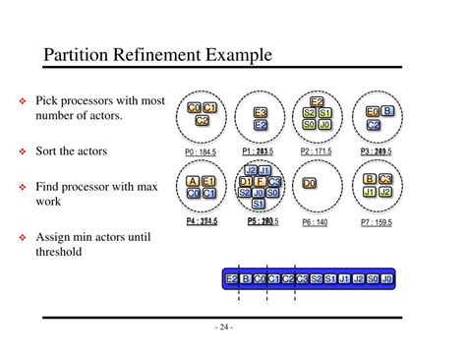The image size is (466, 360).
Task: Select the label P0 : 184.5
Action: point(200,151)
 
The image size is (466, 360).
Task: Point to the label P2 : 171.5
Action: point(316,151)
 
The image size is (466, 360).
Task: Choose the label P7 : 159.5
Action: point(376,222)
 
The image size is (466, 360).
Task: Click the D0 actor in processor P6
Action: point(310,183)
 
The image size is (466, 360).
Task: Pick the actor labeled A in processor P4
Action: point(193,181)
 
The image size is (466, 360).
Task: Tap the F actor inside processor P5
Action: point(260,182)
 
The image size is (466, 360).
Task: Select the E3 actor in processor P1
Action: point(261,113)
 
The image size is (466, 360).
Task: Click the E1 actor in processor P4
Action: point(209,181)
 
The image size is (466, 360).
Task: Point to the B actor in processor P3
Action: point(387,112)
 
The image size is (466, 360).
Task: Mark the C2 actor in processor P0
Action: point(202,120)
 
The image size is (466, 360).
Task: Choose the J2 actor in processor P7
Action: point(385,192)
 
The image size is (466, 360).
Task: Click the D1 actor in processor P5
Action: point(246,182)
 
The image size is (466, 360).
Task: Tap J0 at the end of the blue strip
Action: point(386,279)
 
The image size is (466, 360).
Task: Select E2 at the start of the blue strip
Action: point(232,279)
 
